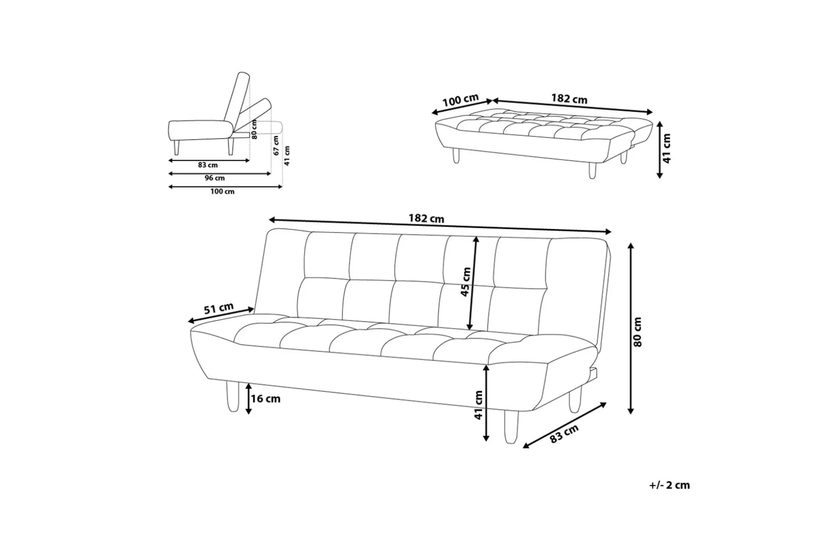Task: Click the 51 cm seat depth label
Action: coord(219,308)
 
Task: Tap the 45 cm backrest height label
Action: coord(466,282)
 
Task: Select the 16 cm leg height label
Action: coord(266,398)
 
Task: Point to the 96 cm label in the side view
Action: coord(215,178)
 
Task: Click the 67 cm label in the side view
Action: coord(276,146)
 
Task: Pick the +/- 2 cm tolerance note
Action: coord(669,485)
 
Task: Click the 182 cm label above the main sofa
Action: coord(426,219)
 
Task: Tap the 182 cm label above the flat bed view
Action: coord(569,98)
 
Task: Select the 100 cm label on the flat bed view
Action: coord(461,100)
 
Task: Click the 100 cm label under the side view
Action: coord(223,191)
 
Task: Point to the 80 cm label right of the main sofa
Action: coord(637,332)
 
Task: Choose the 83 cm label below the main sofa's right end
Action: coord(564,434)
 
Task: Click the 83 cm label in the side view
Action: coord(208,165)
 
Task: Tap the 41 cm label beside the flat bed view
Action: coord(666,148)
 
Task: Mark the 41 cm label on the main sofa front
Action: coord(479,405)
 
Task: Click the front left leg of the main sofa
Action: coord(232,397)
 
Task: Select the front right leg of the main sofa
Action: coord(511,426)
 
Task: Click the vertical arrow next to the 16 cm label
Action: coord(248,398)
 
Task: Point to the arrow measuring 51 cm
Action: coord(221,315)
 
